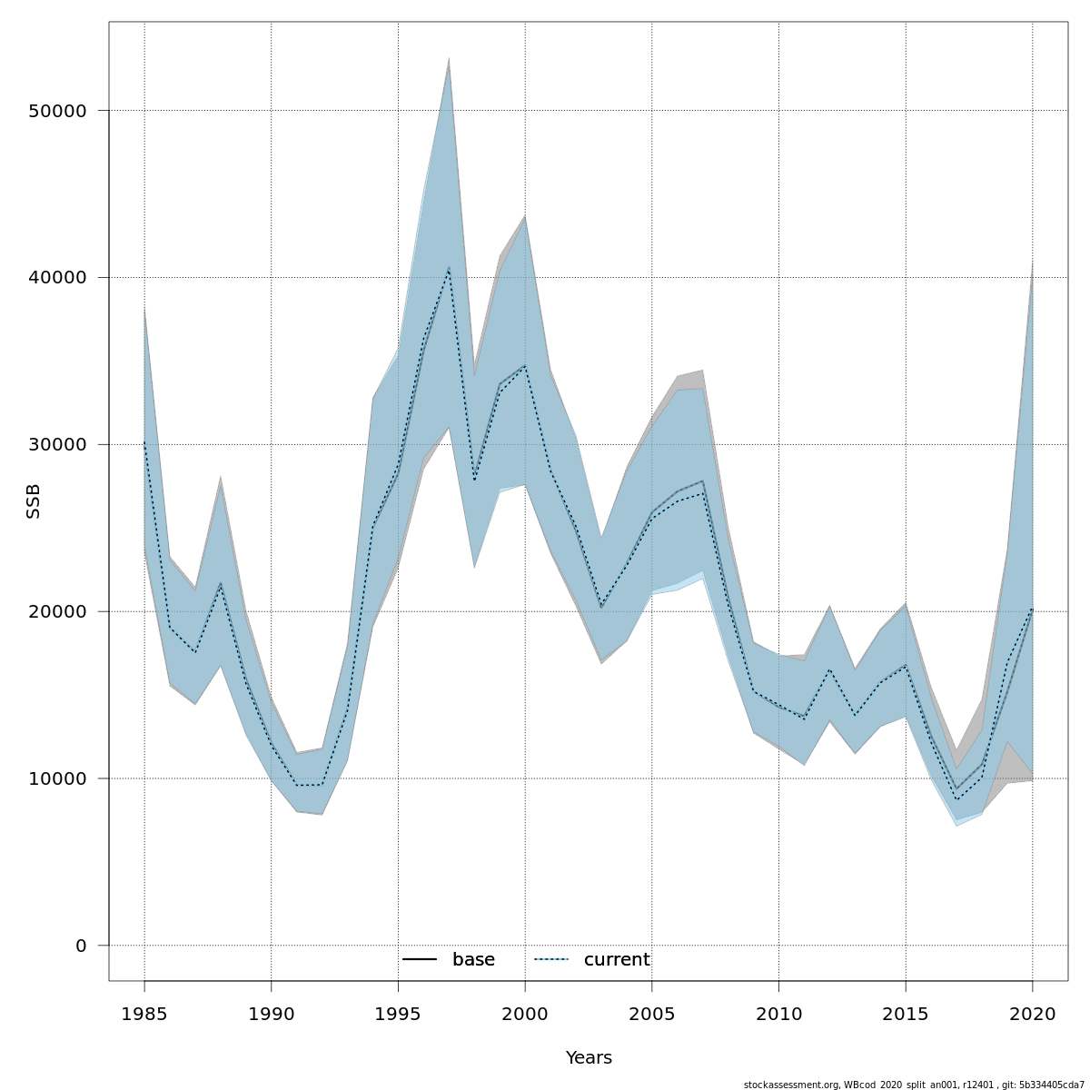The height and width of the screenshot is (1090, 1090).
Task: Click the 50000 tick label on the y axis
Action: (55, 111)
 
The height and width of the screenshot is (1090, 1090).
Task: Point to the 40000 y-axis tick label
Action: (55, 278)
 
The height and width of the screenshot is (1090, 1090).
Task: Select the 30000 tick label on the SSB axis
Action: (55, 445)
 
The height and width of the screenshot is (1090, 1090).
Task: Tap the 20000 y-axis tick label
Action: (55, 612)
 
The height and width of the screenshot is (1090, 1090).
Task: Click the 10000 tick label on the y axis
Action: (55, 779)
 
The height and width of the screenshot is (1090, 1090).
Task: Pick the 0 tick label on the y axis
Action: (81, 946)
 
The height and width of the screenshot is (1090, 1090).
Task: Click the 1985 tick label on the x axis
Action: (144, 1014)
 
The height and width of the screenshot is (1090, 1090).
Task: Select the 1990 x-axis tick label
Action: (271, 1014)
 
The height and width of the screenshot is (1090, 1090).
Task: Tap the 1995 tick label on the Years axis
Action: (398, 1014)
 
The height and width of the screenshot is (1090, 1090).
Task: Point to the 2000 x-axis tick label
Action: (525, 1014)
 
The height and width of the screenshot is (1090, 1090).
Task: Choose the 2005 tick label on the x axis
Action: (651, 1014)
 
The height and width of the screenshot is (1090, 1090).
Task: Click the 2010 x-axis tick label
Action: (778, 1014)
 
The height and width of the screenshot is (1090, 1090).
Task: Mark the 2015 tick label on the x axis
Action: (906, 1014)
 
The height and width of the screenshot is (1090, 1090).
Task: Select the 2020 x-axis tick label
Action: (1033, 1014)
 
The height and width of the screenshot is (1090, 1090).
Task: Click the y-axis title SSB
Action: (34, 500)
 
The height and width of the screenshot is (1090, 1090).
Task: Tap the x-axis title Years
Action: (589, 1058)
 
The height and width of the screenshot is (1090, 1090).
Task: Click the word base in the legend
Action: (473, 960)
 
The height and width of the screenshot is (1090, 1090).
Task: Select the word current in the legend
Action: (617, 960)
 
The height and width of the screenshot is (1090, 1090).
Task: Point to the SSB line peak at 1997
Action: (449, 268)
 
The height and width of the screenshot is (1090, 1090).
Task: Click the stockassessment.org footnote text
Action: (914, 1085)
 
